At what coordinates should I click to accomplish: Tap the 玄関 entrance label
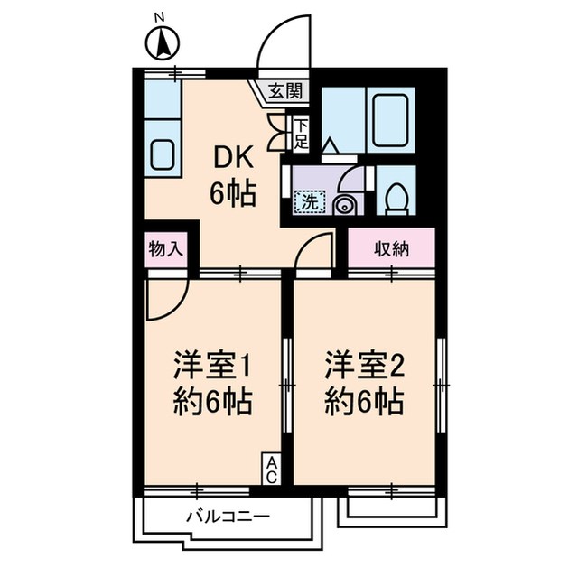click(x=287, y=91)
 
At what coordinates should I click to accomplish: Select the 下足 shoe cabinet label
click(x=301, y=132)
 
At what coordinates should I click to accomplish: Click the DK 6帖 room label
click(x=233, y=174)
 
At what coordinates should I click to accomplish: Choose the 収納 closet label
click(x=392, y=248)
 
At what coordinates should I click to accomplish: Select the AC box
click(x=271, y=468)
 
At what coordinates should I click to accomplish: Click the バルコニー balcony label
click(x=228, y=517)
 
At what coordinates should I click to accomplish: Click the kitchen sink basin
click(x=163, y=156)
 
